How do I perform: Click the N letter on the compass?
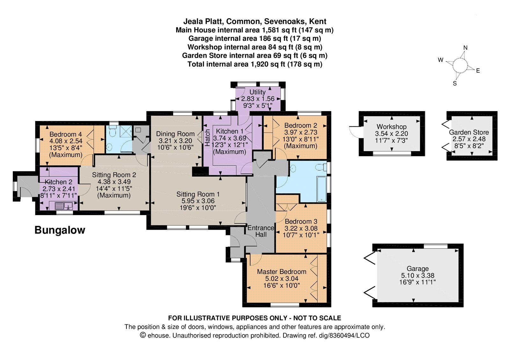coord(465,48)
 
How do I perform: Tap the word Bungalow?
coord(60,230)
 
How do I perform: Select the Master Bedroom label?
coord(282,271)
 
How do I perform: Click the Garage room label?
coord(418,269)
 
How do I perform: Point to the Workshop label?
coord(392,126)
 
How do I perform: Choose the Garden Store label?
coord(469,132)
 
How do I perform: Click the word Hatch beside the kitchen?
coord(208,138)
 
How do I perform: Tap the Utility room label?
coord(258,92)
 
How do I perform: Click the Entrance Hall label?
coord(261,231)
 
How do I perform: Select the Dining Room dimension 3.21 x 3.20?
coord(175,140)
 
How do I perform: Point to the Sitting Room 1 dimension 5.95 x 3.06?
coord(198,201)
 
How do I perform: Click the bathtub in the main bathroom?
coord(322,189)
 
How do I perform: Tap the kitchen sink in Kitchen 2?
coord(64,206)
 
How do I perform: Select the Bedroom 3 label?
coord(301,221)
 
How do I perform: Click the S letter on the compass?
coord(455,83)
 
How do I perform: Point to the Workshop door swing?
coord(354,132)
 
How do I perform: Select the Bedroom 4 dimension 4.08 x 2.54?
coord(66,141)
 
